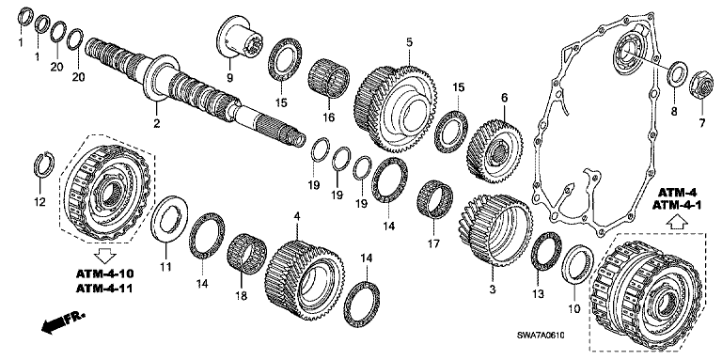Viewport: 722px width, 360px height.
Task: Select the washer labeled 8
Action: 678,72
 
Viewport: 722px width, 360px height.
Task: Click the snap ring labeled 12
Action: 45,164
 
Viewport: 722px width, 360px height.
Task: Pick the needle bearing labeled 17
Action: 434,201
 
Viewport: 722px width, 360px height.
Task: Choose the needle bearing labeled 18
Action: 247,254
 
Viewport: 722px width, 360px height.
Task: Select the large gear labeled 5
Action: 395,109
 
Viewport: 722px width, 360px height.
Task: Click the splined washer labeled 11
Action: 169,220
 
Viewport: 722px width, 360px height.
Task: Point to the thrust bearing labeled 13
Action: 546,252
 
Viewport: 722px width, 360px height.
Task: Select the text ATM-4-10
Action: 104,274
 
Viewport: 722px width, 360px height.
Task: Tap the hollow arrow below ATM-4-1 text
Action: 677,223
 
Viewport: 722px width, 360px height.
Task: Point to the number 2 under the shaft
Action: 157,123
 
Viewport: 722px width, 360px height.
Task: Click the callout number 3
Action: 492,290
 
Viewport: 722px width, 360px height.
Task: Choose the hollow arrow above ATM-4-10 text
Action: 105,255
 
